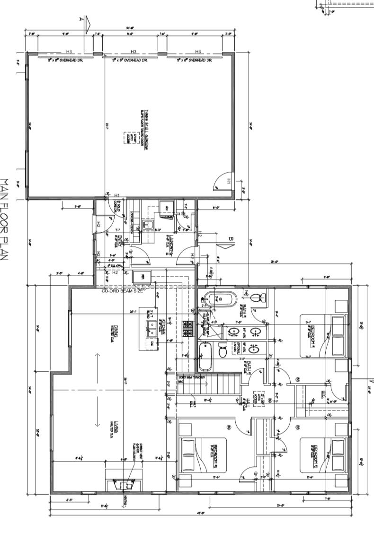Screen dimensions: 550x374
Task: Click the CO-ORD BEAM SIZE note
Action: pos(122,291)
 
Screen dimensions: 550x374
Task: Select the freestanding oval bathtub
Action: pos(213,299)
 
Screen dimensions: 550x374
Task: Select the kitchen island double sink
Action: pos(152,328)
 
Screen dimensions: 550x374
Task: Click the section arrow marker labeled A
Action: pos(84,22)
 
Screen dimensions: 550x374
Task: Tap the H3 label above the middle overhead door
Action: pos(134,52)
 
